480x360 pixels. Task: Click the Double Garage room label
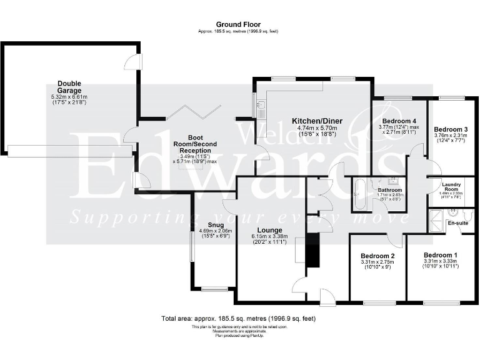click(x=69, y=86)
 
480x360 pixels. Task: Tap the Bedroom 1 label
click(x=440, y=255)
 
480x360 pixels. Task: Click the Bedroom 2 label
click(x=377, y=256)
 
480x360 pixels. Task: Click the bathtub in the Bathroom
click(x=359, y=196)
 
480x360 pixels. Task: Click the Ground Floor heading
click(x=239, y=25)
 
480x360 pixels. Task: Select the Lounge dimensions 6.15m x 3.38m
click(x=269, y=237)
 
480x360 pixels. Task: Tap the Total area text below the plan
click(x=239, y=318)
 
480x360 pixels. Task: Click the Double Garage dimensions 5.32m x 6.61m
click(x=69, y=97)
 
